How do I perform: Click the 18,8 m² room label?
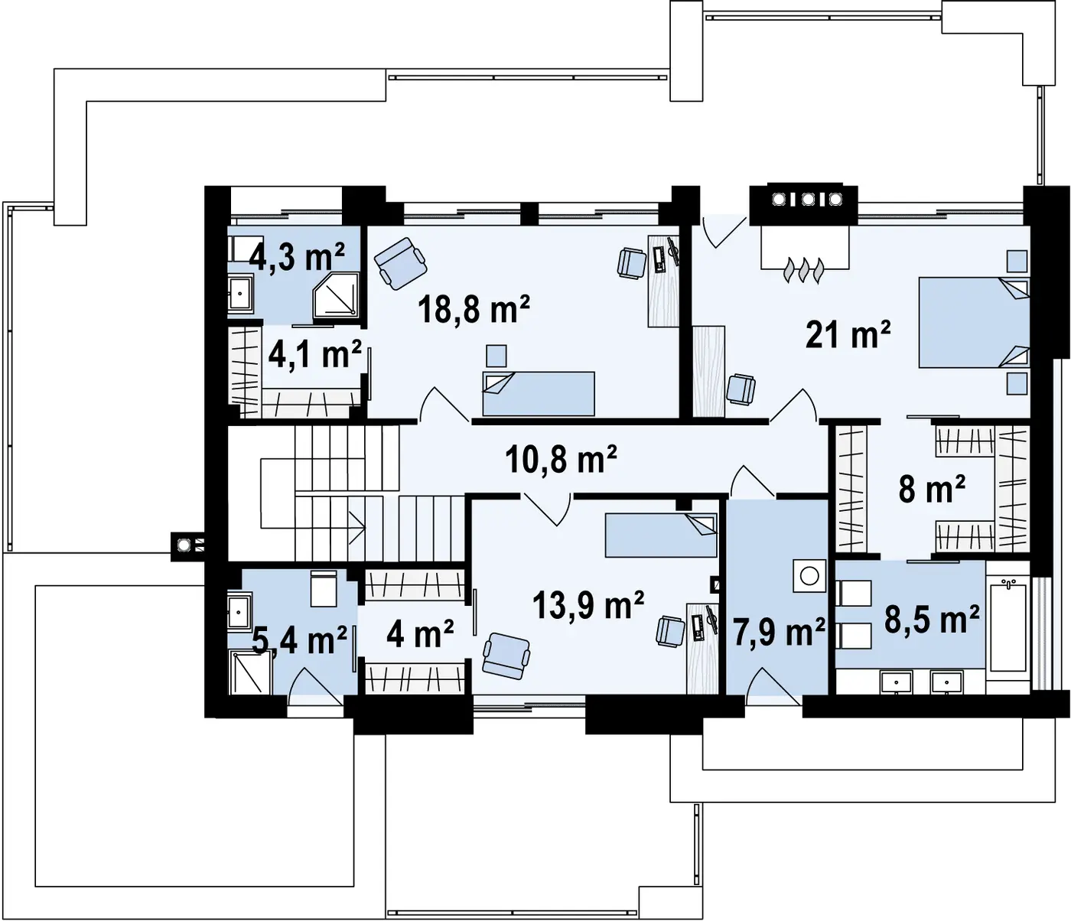[474, 309]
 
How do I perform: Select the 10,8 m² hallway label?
[562, 460]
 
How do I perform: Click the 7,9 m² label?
[778, 633]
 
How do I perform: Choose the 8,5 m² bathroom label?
[931, 620]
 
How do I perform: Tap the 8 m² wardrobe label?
[932, 489]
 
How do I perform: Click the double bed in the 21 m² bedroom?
[974, 322]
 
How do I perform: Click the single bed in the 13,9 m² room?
[661, 535]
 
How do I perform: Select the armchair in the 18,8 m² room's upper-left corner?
[401, 263]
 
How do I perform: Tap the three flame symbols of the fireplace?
[804, 270]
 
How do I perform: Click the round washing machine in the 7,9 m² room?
[809, 575]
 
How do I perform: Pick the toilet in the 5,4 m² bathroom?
[324, 589]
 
